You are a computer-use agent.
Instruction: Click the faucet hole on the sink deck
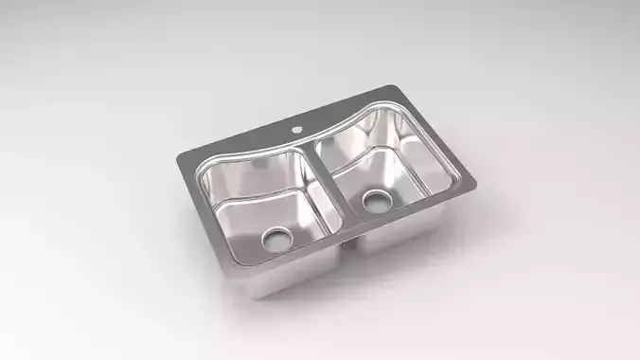[295, 127]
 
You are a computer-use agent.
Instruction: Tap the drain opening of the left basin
[276, 237]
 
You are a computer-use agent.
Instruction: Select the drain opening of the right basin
[376, 201]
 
